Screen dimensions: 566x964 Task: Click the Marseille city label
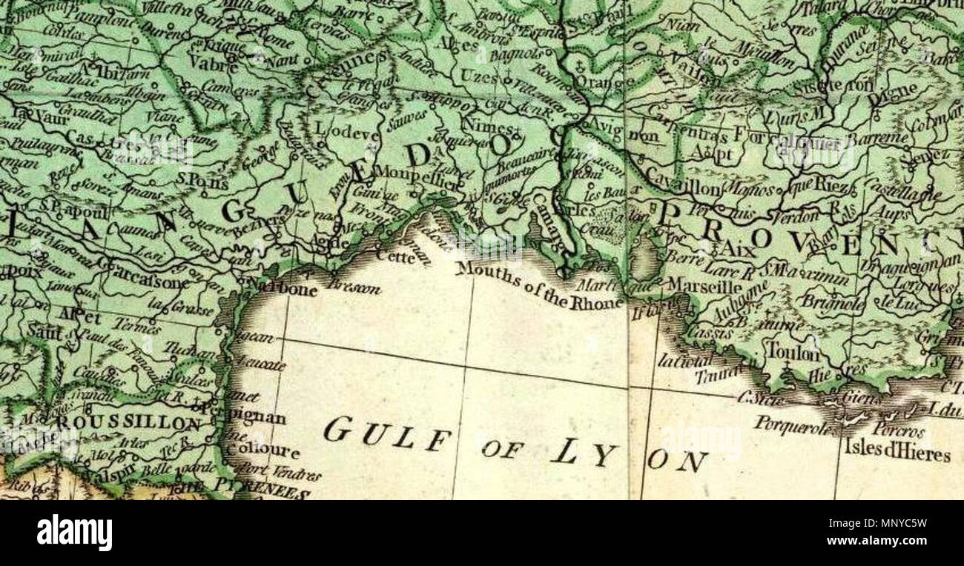[x=704, y=285]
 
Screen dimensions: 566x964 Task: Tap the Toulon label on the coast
[x=793, y=352]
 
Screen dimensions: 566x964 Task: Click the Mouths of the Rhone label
[x=539, y=286]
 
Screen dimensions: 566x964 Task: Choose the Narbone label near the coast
[x=285, y=288]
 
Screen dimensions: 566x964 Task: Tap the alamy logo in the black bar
[x=74, y=533]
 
